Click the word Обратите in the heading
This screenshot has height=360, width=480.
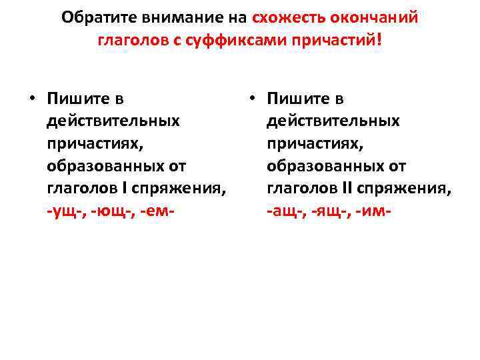[x=93, y=18]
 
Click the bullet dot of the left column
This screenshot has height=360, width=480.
[x=31, y=99]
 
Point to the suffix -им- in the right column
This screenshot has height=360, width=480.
[x=373, y=211]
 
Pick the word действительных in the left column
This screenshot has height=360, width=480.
[x=113, y=121]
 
